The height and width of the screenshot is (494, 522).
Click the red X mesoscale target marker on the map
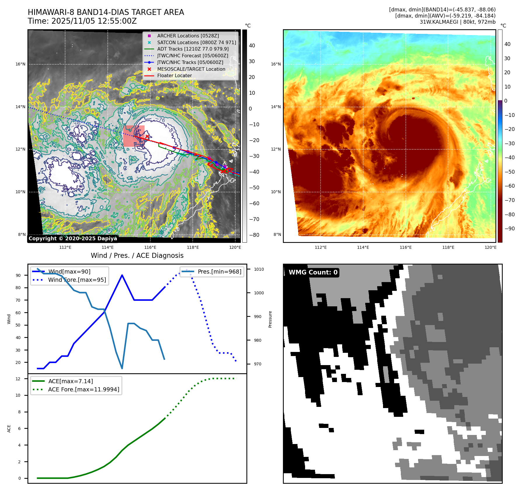coord(147,136)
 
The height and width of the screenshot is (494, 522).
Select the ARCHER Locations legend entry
coord(188,36)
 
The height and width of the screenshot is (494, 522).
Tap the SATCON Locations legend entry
coord(196,42)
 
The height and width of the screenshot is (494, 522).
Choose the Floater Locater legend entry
coord(174,75)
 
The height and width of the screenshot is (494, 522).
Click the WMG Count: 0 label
coord(313,272)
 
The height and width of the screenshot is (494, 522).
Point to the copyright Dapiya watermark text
coord(73,239)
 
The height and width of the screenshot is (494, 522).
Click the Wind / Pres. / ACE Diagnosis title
coord(137,255)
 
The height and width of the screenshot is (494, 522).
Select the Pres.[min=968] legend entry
coord(219,272)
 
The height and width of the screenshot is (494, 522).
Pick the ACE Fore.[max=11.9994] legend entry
coord(83,389)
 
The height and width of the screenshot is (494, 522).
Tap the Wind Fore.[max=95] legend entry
coord(77,280)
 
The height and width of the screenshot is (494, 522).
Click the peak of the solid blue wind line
coord(122,275)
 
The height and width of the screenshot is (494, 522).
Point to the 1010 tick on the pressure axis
coord(259,269)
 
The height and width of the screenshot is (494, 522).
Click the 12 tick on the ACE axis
coord(18,379)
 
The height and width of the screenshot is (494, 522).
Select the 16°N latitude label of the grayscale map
coord(20,64)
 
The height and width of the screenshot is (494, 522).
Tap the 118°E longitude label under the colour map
coord(448,247)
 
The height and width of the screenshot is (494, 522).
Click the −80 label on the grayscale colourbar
coord(254,235)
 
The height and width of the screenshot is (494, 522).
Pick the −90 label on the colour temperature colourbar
coord(509,229)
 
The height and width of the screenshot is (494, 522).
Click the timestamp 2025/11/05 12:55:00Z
coord(94,21)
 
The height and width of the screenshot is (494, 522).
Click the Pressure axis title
coord(270,319)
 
